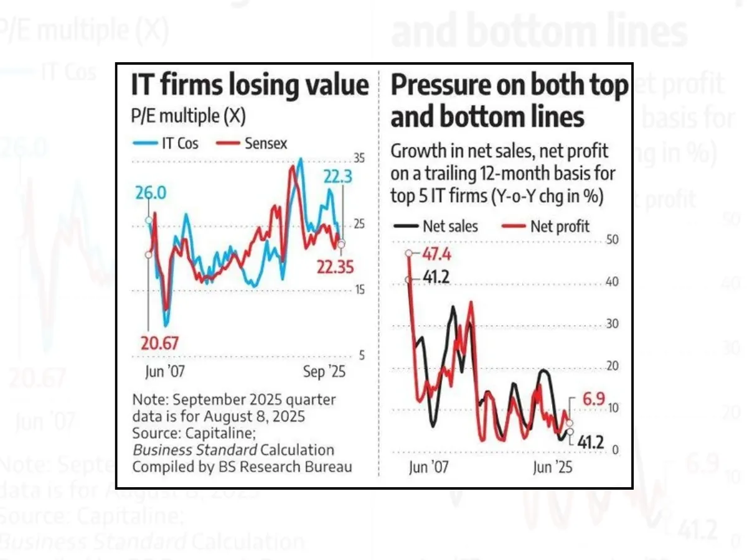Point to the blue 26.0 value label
tap(151, 193)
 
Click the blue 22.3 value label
tap(337, 178)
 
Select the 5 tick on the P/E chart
tap(362, 355)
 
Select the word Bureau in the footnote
tap(326, 466)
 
